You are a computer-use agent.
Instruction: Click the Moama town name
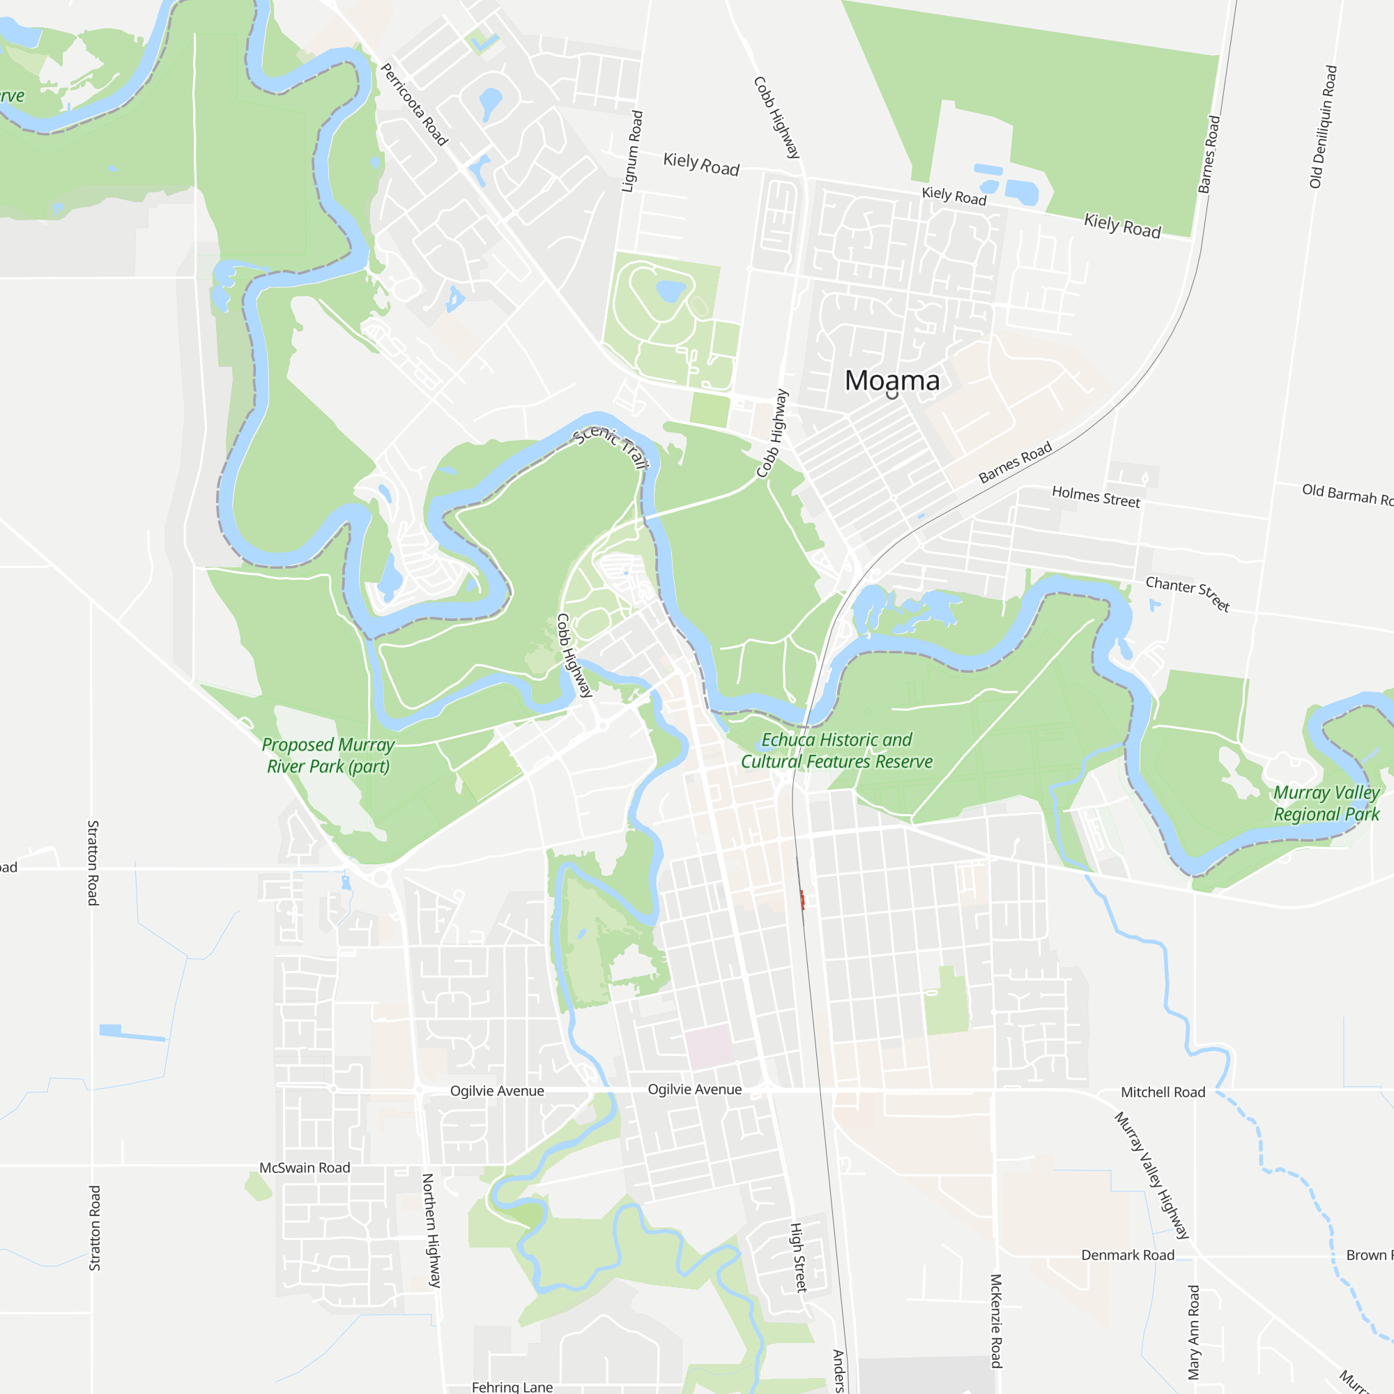(892, 381)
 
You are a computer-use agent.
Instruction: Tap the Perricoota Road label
(414, 105)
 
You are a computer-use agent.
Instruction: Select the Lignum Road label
(632, 151)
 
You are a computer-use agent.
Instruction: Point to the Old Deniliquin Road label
(1324, 127)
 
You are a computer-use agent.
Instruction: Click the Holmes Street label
(1095, 496)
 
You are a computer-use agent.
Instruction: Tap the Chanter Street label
(1188, 593)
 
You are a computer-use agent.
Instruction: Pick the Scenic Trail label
(611, 446)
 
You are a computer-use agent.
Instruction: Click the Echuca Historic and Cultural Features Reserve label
(837, 751)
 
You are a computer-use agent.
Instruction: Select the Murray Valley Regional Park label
(1326, 803)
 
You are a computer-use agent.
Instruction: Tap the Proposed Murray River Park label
(328, 756)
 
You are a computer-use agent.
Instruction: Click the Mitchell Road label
(1163, 1092)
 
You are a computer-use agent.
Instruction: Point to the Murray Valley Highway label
(1151, 1175)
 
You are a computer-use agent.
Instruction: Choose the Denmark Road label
(1127, 1255)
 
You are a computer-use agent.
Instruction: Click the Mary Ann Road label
(1194, 1332)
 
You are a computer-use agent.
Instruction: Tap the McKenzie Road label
(996, 1320)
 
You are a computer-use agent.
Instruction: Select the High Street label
(798, 1257)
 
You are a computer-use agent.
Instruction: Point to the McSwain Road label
(305, 1167)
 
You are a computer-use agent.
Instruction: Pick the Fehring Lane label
(512, 1387)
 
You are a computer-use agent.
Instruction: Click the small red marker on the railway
(802, 899)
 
